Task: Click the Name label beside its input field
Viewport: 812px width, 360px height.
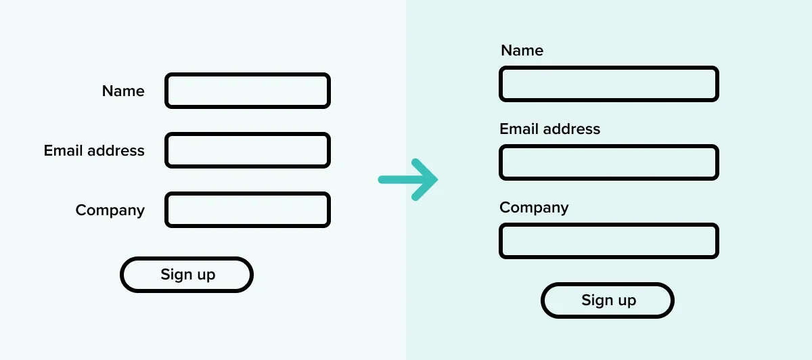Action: point(123,91)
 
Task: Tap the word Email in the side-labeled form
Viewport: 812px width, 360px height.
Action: point(63,150)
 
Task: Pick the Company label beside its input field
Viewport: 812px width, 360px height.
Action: point(110,210)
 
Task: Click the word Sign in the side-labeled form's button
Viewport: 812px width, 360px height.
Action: point(177,275)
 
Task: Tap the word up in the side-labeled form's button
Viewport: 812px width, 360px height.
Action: point(206,276)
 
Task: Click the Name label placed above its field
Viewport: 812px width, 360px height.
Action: point(522,50)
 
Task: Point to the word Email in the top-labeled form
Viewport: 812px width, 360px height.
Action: point(519,129)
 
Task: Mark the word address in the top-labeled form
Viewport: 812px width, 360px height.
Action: point(572,129)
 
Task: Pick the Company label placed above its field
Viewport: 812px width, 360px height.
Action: point(534,208)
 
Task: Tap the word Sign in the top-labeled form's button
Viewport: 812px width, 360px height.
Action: point(597,300)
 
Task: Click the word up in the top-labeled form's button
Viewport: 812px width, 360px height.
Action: point(627,302)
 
